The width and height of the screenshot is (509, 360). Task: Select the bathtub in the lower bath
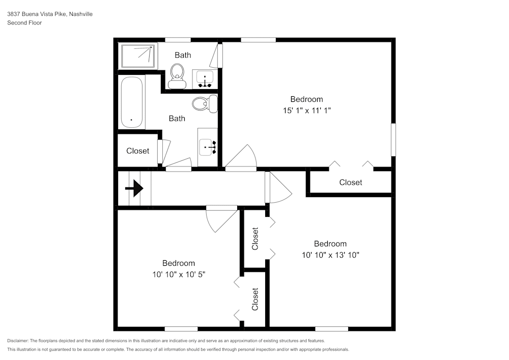coord(132,102)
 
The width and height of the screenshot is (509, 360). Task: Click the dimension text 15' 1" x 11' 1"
coord(306,110)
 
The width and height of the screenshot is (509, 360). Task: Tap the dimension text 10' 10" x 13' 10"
coord(330,255)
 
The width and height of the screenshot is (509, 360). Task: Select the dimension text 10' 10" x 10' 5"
coord(178,274)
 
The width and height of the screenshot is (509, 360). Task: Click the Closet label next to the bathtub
coord(137,151)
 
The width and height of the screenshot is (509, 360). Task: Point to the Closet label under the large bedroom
coord(351,182)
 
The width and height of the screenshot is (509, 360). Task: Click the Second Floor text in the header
coord(24,23)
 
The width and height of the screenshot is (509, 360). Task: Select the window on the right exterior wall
coord(393,139)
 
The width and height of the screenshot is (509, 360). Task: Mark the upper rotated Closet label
coord(256,238)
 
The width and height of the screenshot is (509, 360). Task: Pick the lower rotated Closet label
coord(256,299)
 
